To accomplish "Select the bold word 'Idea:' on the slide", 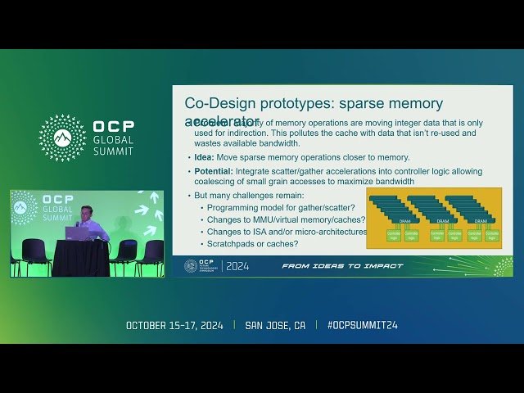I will click(205, 156).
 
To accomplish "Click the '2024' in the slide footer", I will click(237, 266).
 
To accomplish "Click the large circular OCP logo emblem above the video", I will click(62, 137).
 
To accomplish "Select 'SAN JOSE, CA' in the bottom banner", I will click(275, 325).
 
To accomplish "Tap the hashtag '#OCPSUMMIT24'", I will click(362, 325).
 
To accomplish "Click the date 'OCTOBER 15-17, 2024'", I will click(178, 325).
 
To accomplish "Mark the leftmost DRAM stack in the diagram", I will click(393, 209).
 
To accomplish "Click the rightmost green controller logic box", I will click(492, 236).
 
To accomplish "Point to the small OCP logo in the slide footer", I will click(191, 266).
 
